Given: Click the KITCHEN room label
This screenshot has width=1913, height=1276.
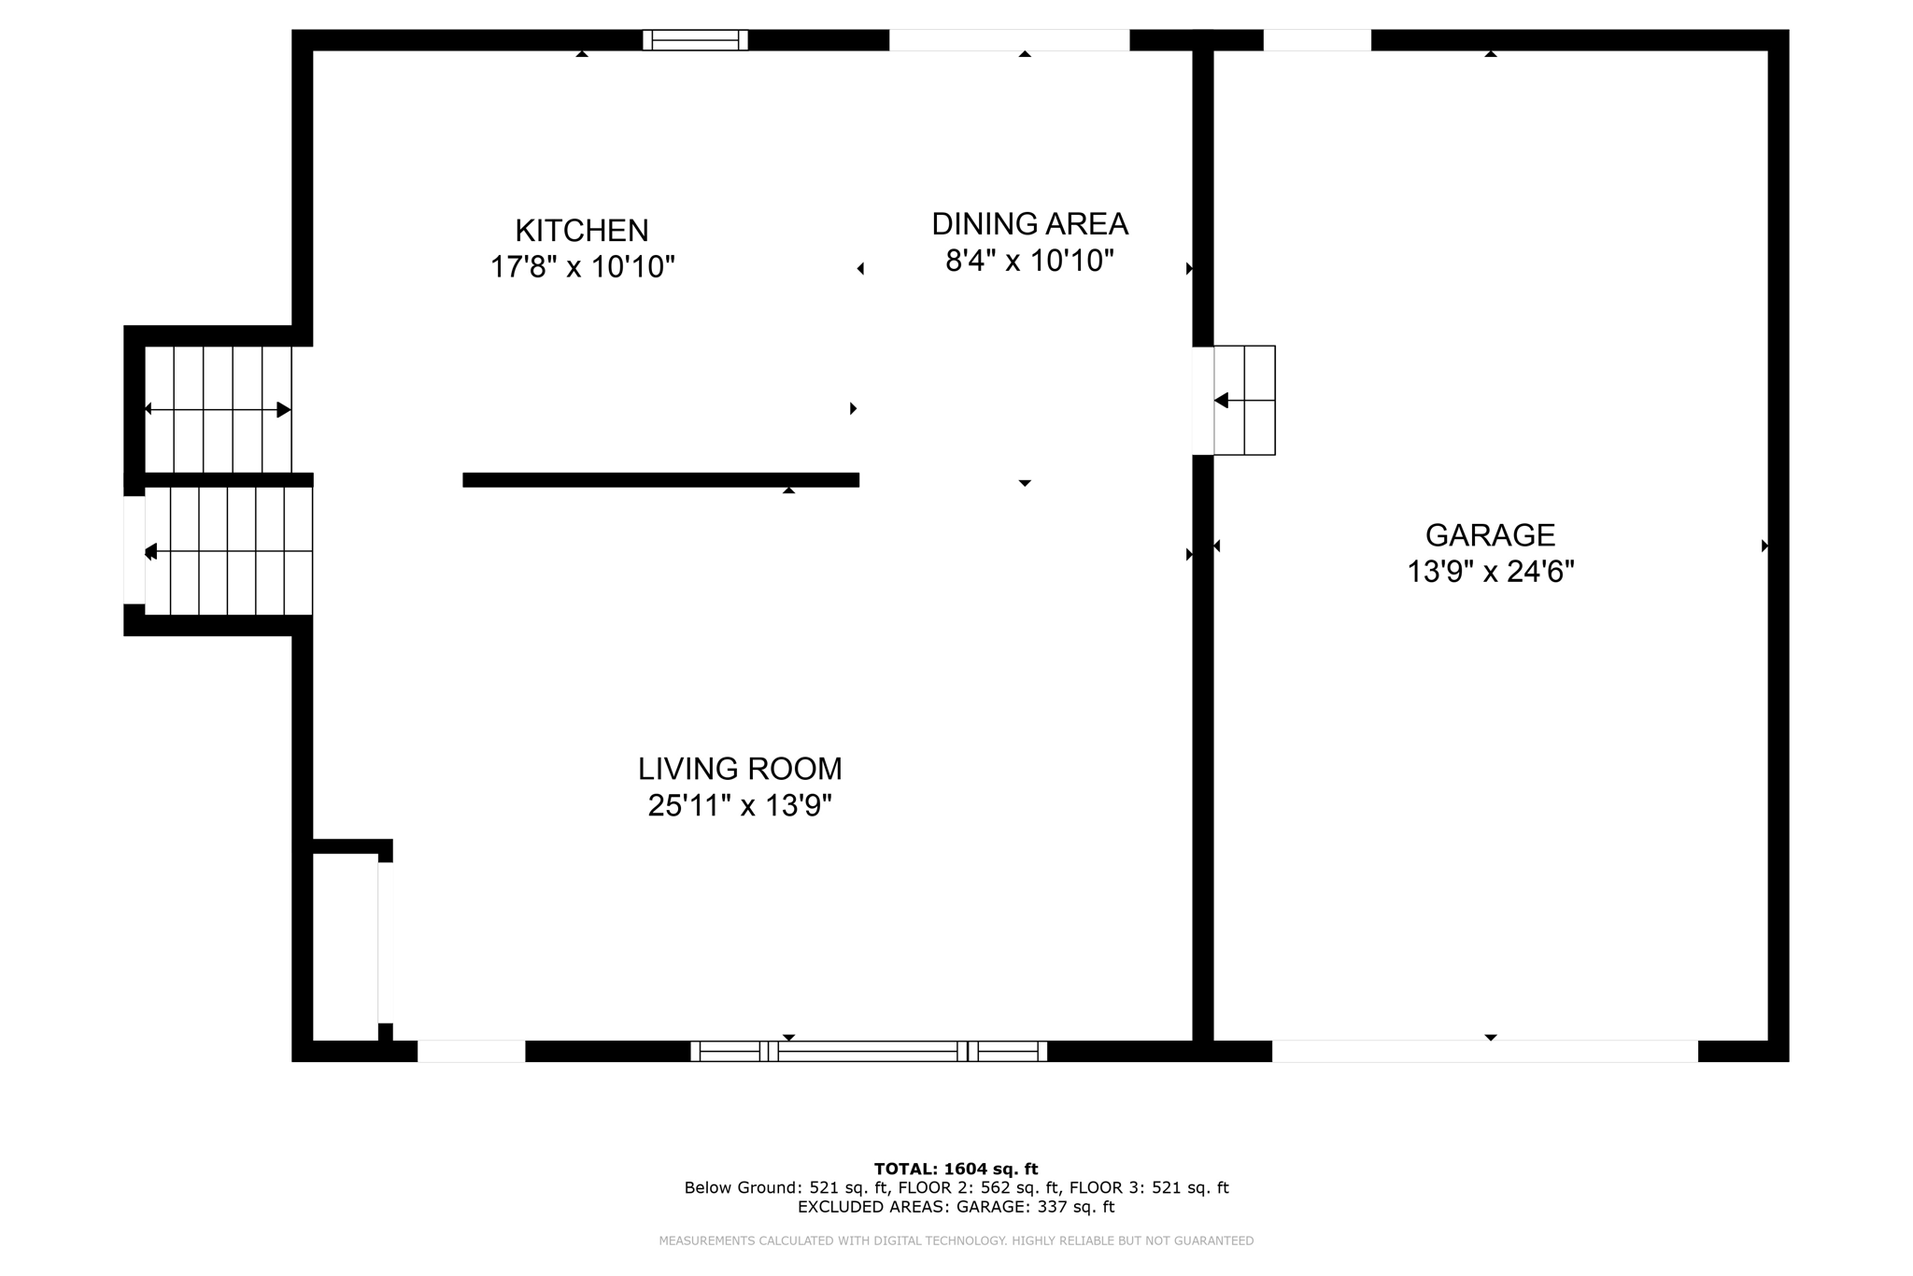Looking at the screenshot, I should click(581, 230).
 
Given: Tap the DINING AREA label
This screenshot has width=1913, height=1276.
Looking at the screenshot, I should click(1029, 224).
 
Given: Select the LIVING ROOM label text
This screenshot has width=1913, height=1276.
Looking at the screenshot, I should click(740, 769).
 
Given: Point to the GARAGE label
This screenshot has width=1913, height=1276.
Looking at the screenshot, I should click(1490, 535).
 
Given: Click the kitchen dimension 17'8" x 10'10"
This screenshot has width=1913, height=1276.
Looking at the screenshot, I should click(582, 267).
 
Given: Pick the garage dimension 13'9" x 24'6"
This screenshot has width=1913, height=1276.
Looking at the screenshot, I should click(1490, 572).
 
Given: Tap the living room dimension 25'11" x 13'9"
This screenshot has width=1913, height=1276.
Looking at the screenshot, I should click(740, 805).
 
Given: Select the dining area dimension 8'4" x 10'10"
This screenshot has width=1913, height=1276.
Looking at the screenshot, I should click(1029, 261).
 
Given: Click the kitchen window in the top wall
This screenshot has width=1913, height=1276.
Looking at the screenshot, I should click(695, 40).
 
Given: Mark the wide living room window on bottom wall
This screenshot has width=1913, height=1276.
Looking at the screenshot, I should click(869, 1051).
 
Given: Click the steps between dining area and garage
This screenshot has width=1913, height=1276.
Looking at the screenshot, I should click(1244, 401).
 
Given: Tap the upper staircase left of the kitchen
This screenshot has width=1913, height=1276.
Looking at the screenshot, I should click(219, 409).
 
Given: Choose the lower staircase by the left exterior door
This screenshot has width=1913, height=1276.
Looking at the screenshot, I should click(228, 551).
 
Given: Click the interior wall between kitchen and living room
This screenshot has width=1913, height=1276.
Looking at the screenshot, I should click(660, 480).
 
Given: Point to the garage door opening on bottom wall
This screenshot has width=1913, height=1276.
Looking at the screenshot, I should click(1484, 1051).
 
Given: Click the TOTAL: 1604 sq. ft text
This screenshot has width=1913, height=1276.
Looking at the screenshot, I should click(956, 1169).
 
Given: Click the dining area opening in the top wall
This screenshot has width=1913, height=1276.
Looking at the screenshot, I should click(1009, 40).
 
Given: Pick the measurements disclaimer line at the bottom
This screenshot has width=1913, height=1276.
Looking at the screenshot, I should click(956, 1241).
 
